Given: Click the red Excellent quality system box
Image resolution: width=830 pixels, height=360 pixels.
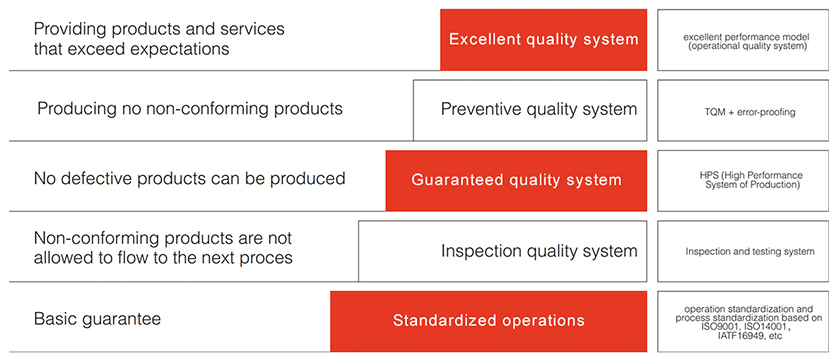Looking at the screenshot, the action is coord(543,40).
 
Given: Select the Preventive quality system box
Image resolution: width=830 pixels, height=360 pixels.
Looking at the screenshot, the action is coord(530,110).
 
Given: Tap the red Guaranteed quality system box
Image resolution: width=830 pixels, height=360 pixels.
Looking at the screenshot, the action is coord(516,181).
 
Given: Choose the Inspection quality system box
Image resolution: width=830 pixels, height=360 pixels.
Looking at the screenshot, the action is coord(502,251).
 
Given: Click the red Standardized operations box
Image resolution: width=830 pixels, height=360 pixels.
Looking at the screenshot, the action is coord(489,321).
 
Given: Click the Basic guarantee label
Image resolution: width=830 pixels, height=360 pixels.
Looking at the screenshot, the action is coord(97,320).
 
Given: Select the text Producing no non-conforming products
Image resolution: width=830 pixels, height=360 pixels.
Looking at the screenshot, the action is coord(190,109).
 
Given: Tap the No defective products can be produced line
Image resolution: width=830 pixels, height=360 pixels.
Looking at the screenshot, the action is coord(190,178).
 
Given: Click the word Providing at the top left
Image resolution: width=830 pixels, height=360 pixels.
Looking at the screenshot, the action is coord(68,29).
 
